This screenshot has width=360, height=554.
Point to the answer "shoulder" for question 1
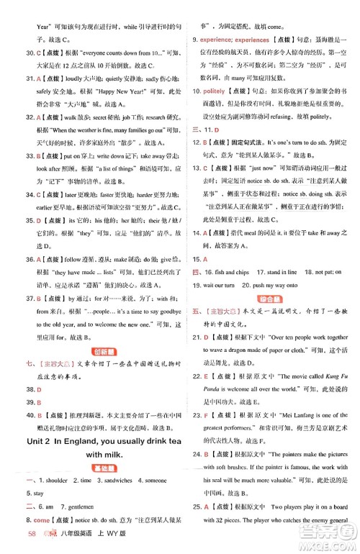coord(51,481)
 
